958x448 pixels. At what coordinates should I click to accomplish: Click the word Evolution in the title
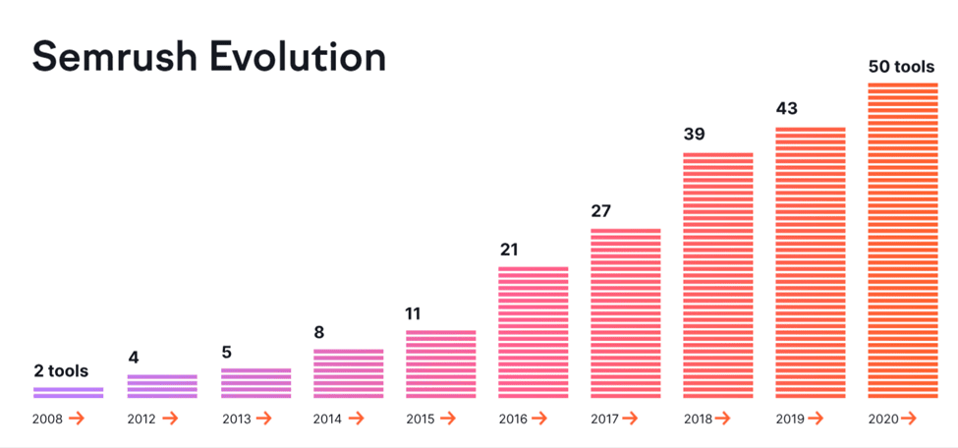tap(302, 57)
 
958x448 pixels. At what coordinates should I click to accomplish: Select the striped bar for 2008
tap(68, 392)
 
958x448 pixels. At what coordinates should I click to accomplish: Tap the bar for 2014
tap(348, 373)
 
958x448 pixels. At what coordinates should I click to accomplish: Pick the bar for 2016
tap(534, 332)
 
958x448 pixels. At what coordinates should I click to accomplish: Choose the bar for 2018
tap(718, 275)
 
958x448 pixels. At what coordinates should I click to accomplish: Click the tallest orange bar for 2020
tap(903, 241)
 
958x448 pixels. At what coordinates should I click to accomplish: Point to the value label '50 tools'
tap(901, 68)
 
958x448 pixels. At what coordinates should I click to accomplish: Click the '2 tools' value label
tap(60, 371)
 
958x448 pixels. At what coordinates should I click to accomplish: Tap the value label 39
tap(694, 135)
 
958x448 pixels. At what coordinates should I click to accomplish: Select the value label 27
tap(601, 211)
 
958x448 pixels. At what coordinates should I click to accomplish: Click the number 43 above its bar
tap(787, 109)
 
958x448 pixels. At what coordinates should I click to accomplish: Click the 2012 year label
tap(141, 420)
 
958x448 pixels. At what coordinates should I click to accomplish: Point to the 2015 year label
tap(421, 420)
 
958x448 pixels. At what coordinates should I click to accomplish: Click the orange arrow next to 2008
tap(77, 420)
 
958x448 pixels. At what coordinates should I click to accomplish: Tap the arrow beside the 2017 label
tap(633, 420)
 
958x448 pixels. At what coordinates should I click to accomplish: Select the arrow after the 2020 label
tap(908, 420)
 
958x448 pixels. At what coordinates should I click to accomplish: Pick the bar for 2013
tap(255, 383)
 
